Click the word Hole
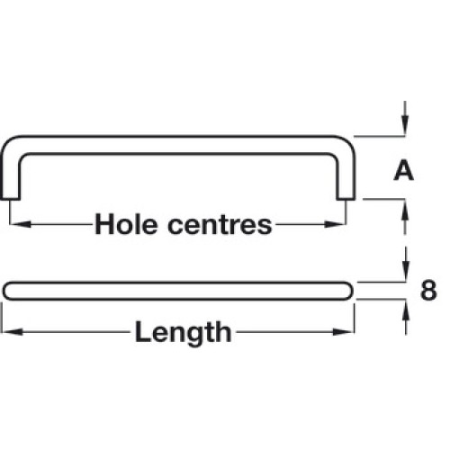126,224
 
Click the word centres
220,225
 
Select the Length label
184,333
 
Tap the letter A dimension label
403,170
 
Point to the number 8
428,290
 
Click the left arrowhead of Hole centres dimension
21,224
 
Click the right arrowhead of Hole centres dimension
335,224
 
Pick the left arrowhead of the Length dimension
12,332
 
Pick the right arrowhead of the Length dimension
344,332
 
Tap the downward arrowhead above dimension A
405,125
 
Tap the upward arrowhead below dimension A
405,210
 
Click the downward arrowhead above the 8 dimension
406,272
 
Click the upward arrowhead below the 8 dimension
406,310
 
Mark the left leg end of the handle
10,198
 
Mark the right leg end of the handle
346,198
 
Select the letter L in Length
142,331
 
